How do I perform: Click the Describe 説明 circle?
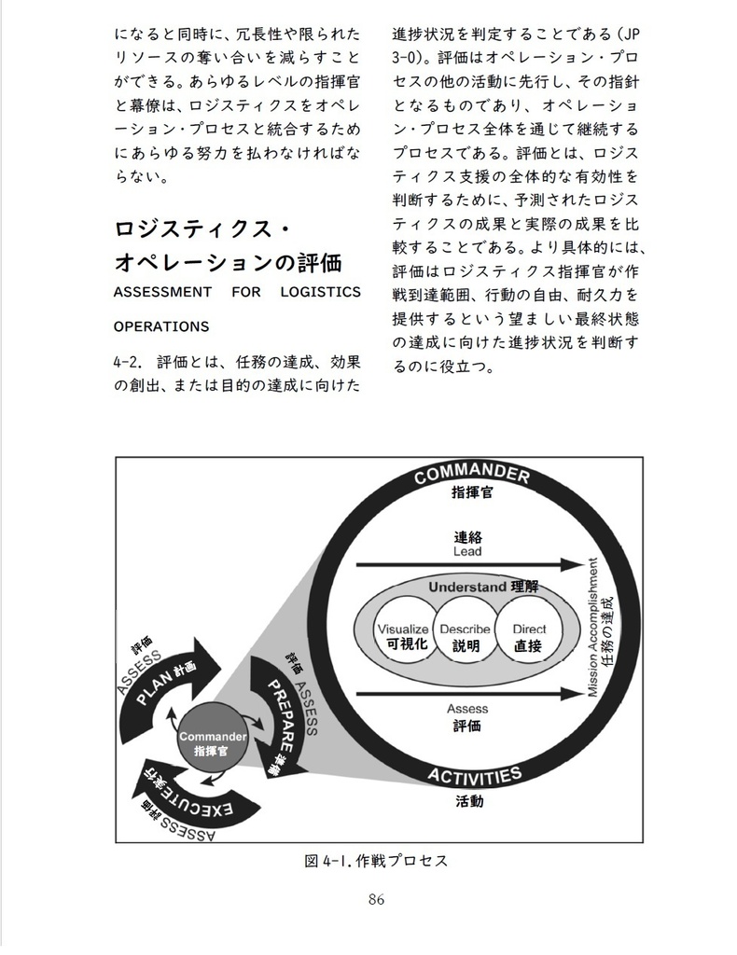click(466, 636)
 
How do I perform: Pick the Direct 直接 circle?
click(529, 636)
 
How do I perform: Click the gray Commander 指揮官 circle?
click(212, 743)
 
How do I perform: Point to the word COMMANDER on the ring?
click(471, 476)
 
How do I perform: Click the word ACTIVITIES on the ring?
click(474, 776)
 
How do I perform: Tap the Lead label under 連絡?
click(467, 552)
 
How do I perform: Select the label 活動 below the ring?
click(469, 801)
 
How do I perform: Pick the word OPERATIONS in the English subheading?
click(161, 327)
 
